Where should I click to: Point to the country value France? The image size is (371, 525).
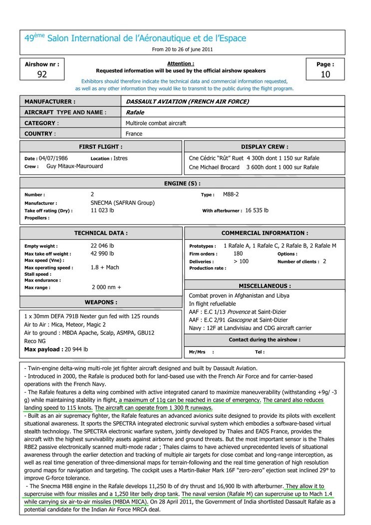pyautogui.click(x=134, y=134)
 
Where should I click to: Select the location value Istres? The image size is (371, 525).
pyautogui.click(x=120, y=158)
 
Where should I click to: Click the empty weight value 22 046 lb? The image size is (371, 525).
pyautogui.click(x=102, y=246)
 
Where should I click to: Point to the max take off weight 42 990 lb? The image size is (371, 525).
pyautogui.click(x=102, y=254)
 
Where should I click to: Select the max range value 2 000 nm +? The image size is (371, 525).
pyautogui.click(x=107, y=287)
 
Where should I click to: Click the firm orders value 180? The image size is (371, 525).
pyautogui.click(x=239, y=253)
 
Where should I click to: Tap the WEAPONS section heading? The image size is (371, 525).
pyautogui.click(x=101, y=302)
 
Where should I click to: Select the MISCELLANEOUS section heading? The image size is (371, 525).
pyautogui.click(x=265, y=286)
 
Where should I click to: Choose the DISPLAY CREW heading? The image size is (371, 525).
pyautogui.click(x=265, y=147)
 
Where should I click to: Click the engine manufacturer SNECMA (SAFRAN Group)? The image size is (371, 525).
pyautogui.click(x=123, y=203)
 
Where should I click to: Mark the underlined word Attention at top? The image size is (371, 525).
pyautogui.click(x=181, y=64)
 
